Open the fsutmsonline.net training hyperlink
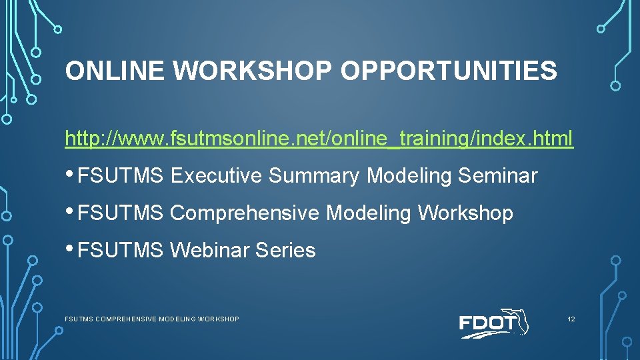319,139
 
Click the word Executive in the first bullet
216,176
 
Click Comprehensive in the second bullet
245,213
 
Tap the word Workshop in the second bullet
465,213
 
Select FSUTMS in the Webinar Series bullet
120,251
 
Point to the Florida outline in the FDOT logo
520,320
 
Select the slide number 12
571,319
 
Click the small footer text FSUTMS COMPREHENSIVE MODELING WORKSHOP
151,319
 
